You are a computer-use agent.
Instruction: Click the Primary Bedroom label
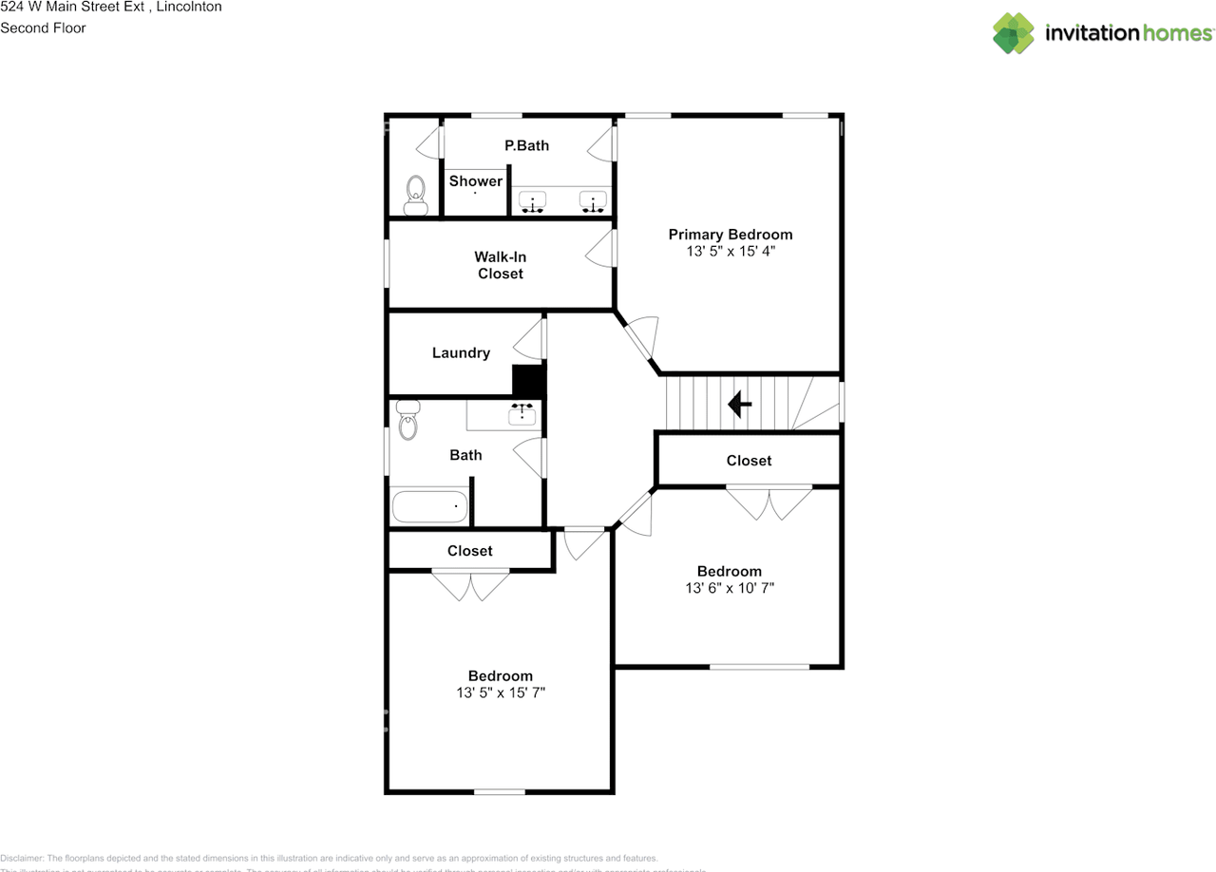730,235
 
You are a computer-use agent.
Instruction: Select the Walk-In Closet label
500,265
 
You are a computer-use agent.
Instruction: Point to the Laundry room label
461,353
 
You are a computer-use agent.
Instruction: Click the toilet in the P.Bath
415,196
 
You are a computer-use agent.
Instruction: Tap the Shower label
476,181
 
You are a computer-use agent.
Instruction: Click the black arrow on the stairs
739,405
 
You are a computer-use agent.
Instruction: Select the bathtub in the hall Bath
429,506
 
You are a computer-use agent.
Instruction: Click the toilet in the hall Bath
408,420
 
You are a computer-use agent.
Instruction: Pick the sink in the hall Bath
522,414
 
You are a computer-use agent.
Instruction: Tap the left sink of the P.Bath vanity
534,201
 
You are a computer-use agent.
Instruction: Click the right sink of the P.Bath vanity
594,201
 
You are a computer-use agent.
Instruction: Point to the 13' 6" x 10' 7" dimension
730,588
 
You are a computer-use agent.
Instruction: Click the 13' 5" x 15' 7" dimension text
501,693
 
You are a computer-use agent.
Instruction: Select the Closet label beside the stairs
749,461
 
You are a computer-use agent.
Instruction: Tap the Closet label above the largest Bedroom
470,551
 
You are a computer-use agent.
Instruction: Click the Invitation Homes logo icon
1014,33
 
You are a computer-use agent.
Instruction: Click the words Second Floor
43,28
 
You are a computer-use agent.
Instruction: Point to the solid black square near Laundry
528,380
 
